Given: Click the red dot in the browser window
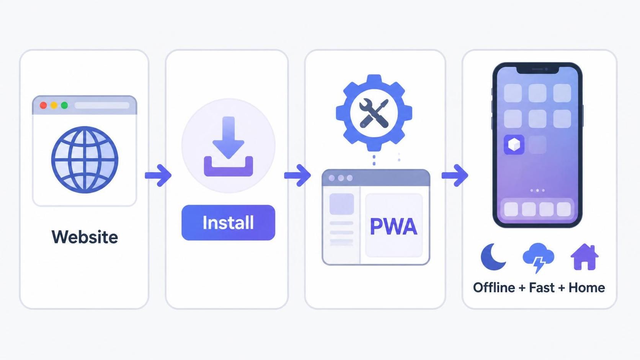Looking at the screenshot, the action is (43, 105).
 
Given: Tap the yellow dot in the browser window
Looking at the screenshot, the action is (54, 105).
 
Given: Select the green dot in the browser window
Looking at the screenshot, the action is (65, 105).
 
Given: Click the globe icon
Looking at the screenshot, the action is (85, 160).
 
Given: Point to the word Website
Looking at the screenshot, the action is (85, 237).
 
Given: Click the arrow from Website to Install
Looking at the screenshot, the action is (158, 175).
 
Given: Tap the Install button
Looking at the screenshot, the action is (228, 222).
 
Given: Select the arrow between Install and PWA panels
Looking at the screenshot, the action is (297, 175).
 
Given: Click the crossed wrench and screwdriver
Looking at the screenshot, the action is (374, 113).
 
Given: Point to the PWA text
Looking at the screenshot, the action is (394, 227).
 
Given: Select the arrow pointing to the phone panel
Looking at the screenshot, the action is (455, 175).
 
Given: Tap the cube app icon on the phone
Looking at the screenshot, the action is (514, 145).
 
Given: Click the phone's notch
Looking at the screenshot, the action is (537, 69).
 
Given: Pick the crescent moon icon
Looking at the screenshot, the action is (493, 257).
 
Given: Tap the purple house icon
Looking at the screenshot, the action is (584, 257).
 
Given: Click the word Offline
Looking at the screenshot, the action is (494, 287).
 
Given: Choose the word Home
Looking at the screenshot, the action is (586, 287).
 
